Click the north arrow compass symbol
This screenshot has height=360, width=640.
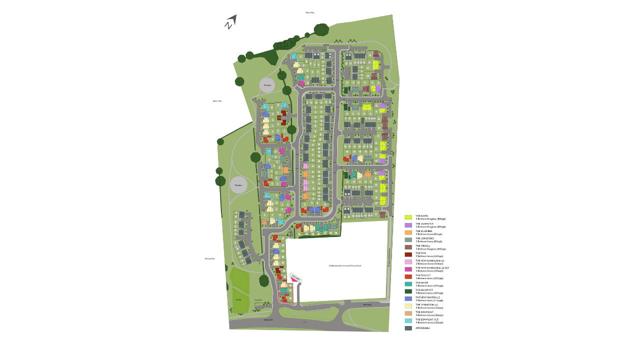coord(230,22)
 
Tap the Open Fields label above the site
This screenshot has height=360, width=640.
coord(310,12)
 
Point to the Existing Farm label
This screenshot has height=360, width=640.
coord(209,258)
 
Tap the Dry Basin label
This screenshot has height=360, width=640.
coord(238,299)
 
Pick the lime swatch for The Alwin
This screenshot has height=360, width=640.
coord(408,217)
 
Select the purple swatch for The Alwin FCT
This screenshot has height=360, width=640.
coord(408,225)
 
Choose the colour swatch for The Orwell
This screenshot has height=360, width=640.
coord(408,247)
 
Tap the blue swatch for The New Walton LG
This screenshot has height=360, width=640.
coord(408,298)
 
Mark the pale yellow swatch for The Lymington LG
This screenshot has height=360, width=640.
coord(408,305)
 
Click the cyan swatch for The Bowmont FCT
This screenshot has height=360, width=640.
coord(408,320)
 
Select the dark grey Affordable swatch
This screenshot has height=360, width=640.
coord(408,328)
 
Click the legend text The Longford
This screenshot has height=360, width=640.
coord(423,238)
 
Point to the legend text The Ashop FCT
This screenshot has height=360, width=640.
coord(424,290)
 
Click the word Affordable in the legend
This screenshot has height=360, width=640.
coord(422,328)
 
